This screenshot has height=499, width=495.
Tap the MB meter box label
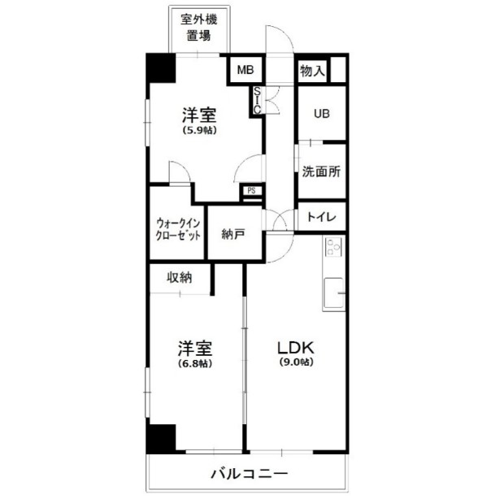click(x=245, y=71)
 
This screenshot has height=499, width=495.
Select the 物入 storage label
click(x=313, y=72)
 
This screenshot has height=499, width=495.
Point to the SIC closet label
click(x=257, y=99)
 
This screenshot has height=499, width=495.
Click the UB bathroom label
click(x=323, y=113)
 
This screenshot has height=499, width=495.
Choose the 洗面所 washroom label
click(x=321, y=172)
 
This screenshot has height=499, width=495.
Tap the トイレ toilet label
click(x=322, y=218)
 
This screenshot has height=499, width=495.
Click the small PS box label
click(x=252, y=192)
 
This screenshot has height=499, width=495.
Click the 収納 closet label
click(x=180, y=277)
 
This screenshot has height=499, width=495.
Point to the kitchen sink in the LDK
click(x=333, y=293)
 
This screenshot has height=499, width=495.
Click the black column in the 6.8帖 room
click(x=160, y=438)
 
